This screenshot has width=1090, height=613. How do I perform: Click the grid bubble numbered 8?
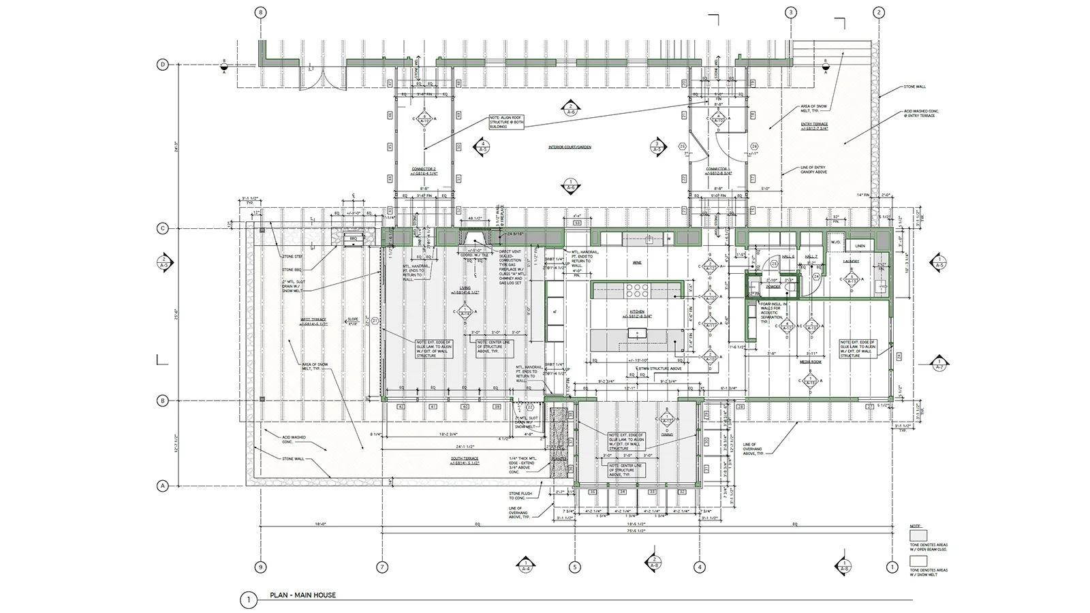click(x=259, y=12)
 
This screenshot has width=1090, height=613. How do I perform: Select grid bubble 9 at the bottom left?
click(x=259, y=567)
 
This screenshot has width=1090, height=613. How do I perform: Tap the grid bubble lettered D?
click(x=163, y=65)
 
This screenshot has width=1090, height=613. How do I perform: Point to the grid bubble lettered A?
click(x=163, y=486)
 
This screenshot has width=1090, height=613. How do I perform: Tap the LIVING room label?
click(x=464, y=288)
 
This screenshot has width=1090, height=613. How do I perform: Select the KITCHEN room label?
click(x=636, y=312)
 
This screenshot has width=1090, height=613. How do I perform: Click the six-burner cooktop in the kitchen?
click(x=636, y=291)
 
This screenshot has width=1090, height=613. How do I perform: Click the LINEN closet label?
click(x=860, y=245)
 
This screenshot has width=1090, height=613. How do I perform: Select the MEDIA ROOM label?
click(x=810, y=362)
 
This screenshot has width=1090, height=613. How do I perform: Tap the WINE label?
click(x=638, y=262)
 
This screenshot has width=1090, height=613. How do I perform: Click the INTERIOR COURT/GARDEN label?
click(x=570, y=147)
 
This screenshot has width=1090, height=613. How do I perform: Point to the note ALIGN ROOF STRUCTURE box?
click(x=505, y=122)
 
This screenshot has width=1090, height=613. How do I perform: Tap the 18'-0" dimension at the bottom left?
click(x=320, y=524)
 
